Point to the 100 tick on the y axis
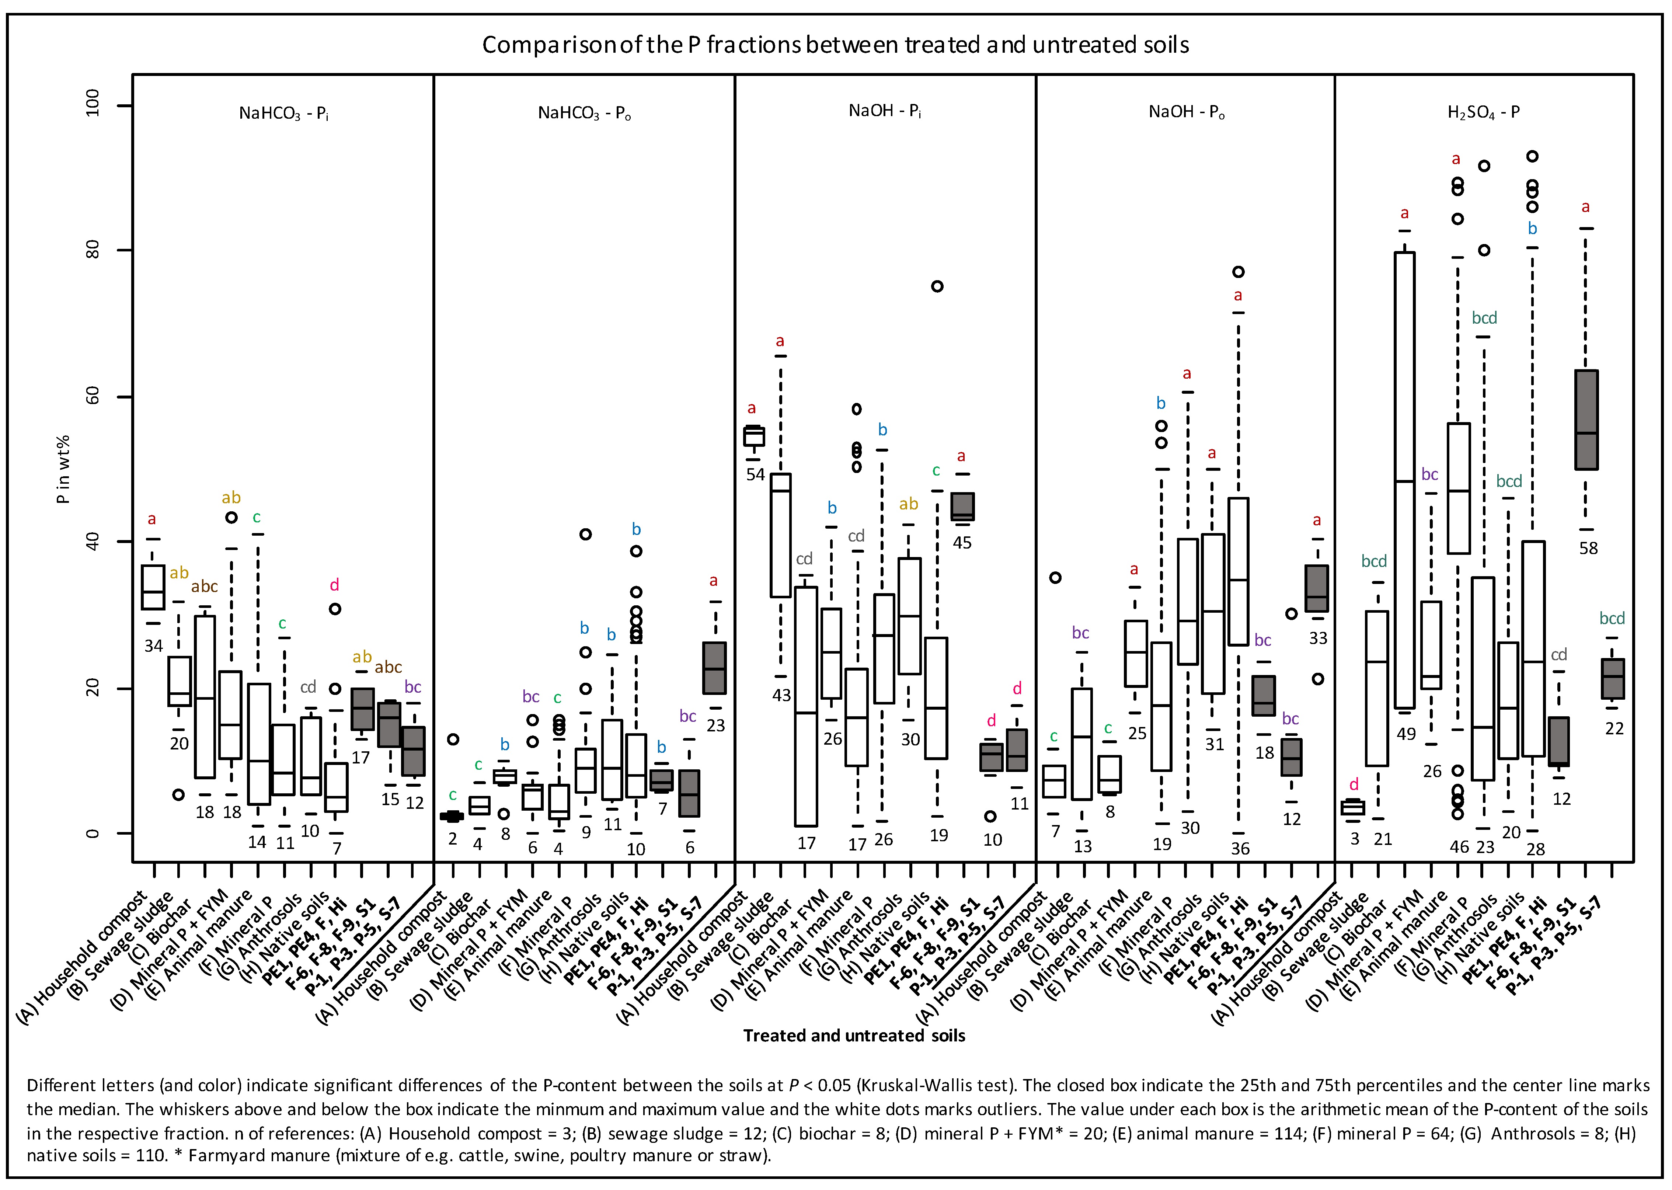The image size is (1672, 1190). click(92, 105)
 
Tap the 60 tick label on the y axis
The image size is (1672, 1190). click(92, 396)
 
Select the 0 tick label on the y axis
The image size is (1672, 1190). click(92, 833)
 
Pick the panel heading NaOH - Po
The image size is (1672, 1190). click(1186, 112)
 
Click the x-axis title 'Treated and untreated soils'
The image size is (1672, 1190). click(854, 1036)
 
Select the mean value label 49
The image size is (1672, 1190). click(1406, 734)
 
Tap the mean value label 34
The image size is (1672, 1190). click(153, 646)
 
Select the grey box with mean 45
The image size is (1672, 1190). click(962, 506)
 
